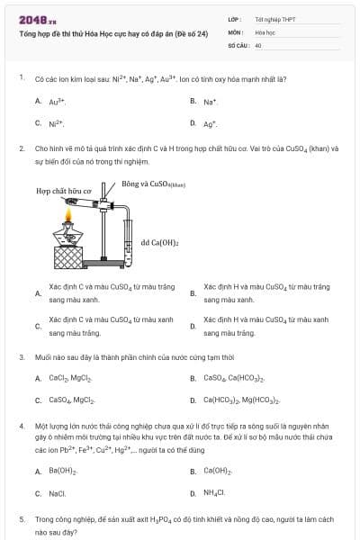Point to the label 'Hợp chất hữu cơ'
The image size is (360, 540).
coord(64,192)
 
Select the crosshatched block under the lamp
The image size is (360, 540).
coord(70,258)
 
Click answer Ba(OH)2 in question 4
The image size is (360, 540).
coord(62,471)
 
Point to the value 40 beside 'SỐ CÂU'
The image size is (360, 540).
coord(258,44)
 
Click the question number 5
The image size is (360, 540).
coord(22,519)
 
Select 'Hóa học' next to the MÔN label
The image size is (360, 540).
coord(264,31)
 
